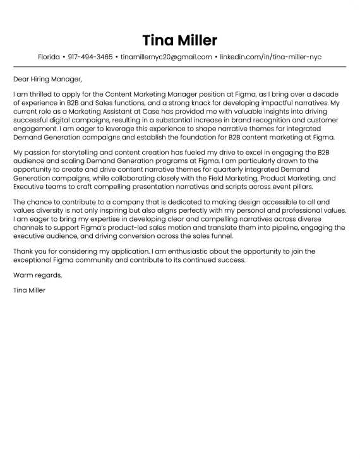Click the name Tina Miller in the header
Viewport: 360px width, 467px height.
[180, 40]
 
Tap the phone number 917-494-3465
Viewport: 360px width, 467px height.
[90, 57]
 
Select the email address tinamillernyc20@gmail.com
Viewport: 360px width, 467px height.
[166, 57]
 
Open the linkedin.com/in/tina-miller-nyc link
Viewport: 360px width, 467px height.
[270, 57]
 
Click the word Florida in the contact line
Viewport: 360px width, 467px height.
[49, 57]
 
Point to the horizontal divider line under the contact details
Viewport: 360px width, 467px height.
[180, 66]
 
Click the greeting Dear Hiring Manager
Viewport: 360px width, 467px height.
[47, 80]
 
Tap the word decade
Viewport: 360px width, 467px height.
[333, 93]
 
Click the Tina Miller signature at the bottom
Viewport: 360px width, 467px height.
[29, 290]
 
